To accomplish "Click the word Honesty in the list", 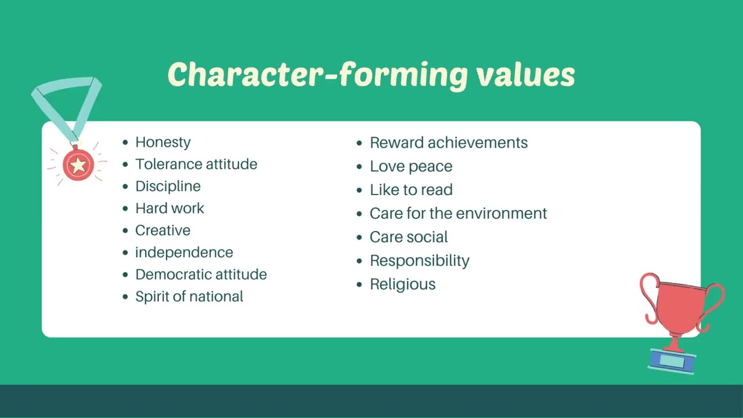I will point(163,142).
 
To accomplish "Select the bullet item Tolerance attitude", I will point(196,164).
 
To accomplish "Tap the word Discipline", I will point(168,186).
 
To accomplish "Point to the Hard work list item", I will point(169,208).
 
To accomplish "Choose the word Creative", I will point(163,230).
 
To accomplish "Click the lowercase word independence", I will point(184,253).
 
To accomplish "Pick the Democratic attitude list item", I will point(201,275).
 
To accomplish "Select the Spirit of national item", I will point(189,297).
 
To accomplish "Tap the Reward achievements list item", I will point(449,143).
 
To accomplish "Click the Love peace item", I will point(411,167).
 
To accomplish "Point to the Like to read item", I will point(411,190).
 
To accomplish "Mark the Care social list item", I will point(409,237).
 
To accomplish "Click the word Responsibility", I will point(420,261).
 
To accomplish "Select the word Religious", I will point(402,284).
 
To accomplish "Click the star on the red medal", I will point(78,165).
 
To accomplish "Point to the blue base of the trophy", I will point(672,361).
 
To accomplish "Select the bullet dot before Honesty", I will point(125,143).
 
